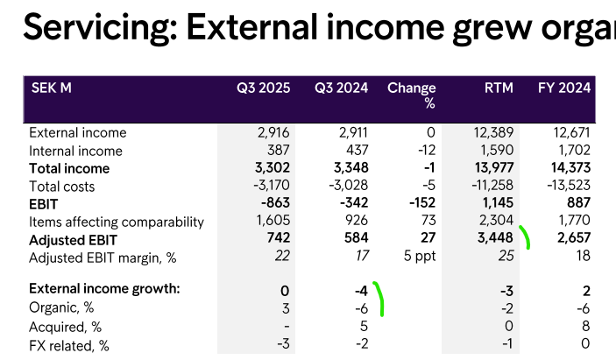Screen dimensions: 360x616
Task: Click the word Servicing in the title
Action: pos(97,29)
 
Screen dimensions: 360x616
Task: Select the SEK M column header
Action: pos(52,88)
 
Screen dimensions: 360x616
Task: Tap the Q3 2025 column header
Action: pos(262,88)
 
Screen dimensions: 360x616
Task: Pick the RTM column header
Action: pos(499,88)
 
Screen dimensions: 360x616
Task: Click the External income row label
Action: pos(78,133)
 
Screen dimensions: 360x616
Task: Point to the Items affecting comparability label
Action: pos(117,222)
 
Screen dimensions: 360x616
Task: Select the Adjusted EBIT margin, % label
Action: pos(103,258)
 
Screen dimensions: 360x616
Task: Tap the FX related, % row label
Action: pos(69,345)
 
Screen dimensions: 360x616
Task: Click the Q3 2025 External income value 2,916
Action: pos(273,133)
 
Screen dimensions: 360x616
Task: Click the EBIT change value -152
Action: pos(421,204)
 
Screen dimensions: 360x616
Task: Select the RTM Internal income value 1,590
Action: pos(497,151)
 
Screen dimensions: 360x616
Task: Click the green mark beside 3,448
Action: pos(525,237)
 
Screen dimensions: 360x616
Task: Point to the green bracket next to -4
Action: pos(379,298)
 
